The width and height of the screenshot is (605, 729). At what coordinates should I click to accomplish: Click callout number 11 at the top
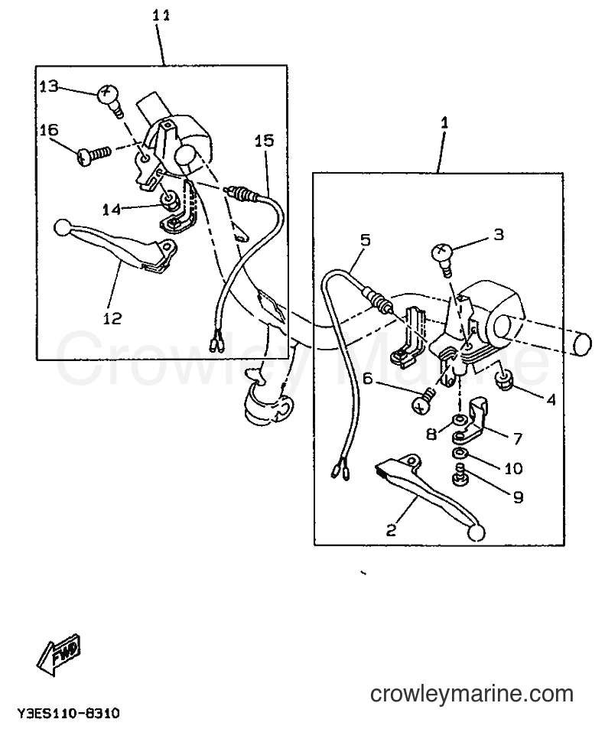click(x=161, y=16)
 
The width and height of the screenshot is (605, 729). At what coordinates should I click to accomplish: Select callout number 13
click(x=48, y=86)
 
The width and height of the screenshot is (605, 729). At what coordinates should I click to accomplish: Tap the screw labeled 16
click(x=94, y=155)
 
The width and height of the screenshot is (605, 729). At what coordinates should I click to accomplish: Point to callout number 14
click(x=112, y=210)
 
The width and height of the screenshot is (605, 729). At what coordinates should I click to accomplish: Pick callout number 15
click(x=264, y=141)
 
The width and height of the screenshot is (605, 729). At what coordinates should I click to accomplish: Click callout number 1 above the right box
click(x=444, y=122)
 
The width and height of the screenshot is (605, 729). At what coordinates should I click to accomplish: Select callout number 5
click(x=365, y=240)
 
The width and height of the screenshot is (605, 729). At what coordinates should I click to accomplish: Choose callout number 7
click(x=517, y=438)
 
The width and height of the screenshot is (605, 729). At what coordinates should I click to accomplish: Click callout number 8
click(x=432, y=434)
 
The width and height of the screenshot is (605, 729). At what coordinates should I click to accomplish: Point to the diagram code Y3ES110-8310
click(x=68, y=713)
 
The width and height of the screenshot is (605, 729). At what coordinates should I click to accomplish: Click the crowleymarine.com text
click(x=472, y=694)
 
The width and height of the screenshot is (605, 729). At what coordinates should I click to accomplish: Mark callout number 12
click(x=112, y=318)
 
